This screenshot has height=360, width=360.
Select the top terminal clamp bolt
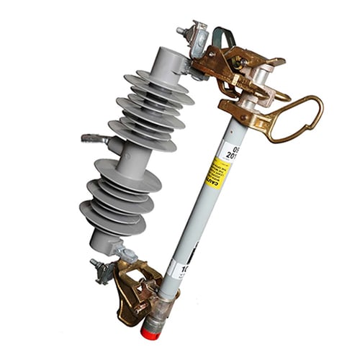point(183,31)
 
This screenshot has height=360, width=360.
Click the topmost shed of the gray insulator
point(155,79)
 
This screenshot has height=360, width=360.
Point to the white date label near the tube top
point(229,149)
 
